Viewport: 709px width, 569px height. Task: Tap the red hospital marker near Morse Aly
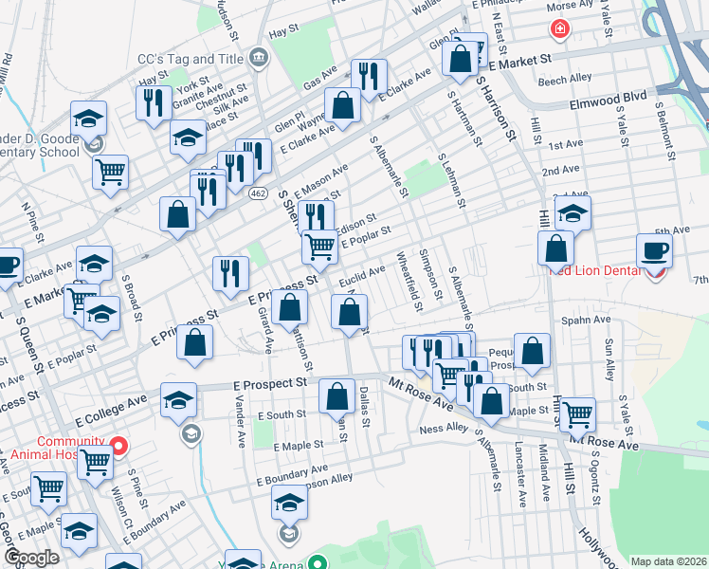tap(560, 30)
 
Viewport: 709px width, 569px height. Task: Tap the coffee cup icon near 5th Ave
tap(654, 251)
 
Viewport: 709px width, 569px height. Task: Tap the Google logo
tap(32, 558)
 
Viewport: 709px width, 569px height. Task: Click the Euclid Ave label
tap(363, 275)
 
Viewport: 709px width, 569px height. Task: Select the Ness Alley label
tap(444, 429)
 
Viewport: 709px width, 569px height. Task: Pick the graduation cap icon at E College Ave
tap(177, 399)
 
